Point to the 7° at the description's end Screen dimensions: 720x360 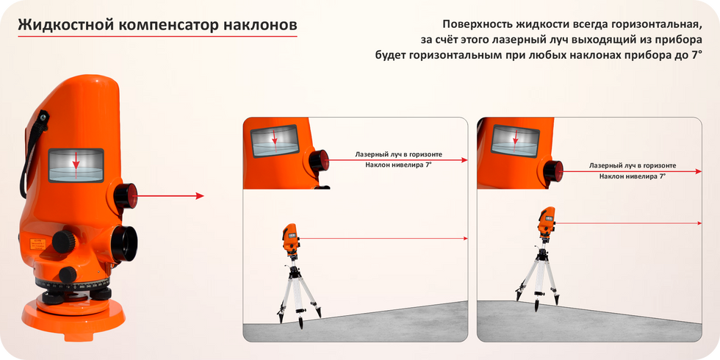697,56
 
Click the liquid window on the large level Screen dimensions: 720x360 76,165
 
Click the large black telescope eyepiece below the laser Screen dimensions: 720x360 124,243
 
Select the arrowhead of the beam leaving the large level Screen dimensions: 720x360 200,196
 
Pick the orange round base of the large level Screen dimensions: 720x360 73,317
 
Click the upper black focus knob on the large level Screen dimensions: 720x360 64,241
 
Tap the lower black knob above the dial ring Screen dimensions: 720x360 68,275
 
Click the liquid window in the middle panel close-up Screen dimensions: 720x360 275,140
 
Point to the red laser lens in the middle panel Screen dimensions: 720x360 320,161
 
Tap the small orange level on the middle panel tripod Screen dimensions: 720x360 291,239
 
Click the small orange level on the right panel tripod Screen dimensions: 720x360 546,221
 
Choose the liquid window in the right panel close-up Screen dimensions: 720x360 515,140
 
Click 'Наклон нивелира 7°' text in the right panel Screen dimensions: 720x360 633,176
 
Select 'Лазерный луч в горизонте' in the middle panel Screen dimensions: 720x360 399,154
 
